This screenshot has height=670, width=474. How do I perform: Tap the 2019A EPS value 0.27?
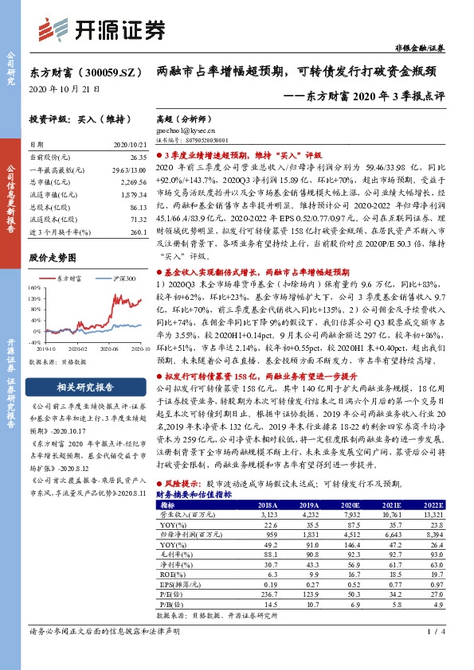pyautogui.click(x=306, y=583)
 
